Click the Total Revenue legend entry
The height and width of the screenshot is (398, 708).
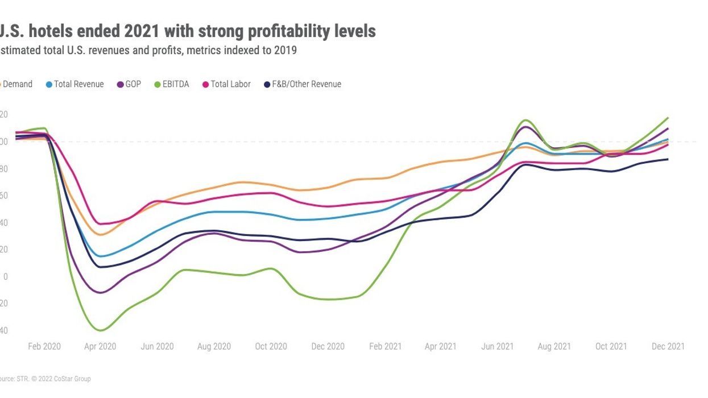pos(78,84)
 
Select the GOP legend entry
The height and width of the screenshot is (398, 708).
pos(133,84)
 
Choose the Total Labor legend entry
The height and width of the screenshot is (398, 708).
pos(230,84)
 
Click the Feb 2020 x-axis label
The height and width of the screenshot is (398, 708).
pos(44,346)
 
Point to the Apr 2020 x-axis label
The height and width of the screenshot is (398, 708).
pos(101,346)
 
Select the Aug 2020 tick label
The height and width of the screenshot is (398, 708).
pos(214,346)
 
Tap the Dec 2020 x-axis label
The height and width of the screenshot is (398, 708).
pos(328,346)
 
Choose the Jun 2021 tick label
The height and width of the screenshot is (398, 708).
pos(498,346)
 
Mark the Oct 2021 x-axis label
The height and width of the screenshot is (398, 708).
pos(611,346)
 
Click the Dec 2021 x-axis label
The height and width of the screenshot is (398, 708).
pos(668,346)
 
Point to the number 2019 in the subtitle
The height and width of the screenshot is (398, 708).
pos(286,51)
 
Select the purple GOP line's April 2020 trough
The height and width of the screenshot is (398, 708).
pos(101,293)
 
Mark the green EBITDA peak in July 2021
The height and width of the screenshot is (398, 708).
pos(525,120)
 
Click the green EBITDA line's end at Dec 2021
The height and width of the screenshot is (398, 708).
pos(668,118)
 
